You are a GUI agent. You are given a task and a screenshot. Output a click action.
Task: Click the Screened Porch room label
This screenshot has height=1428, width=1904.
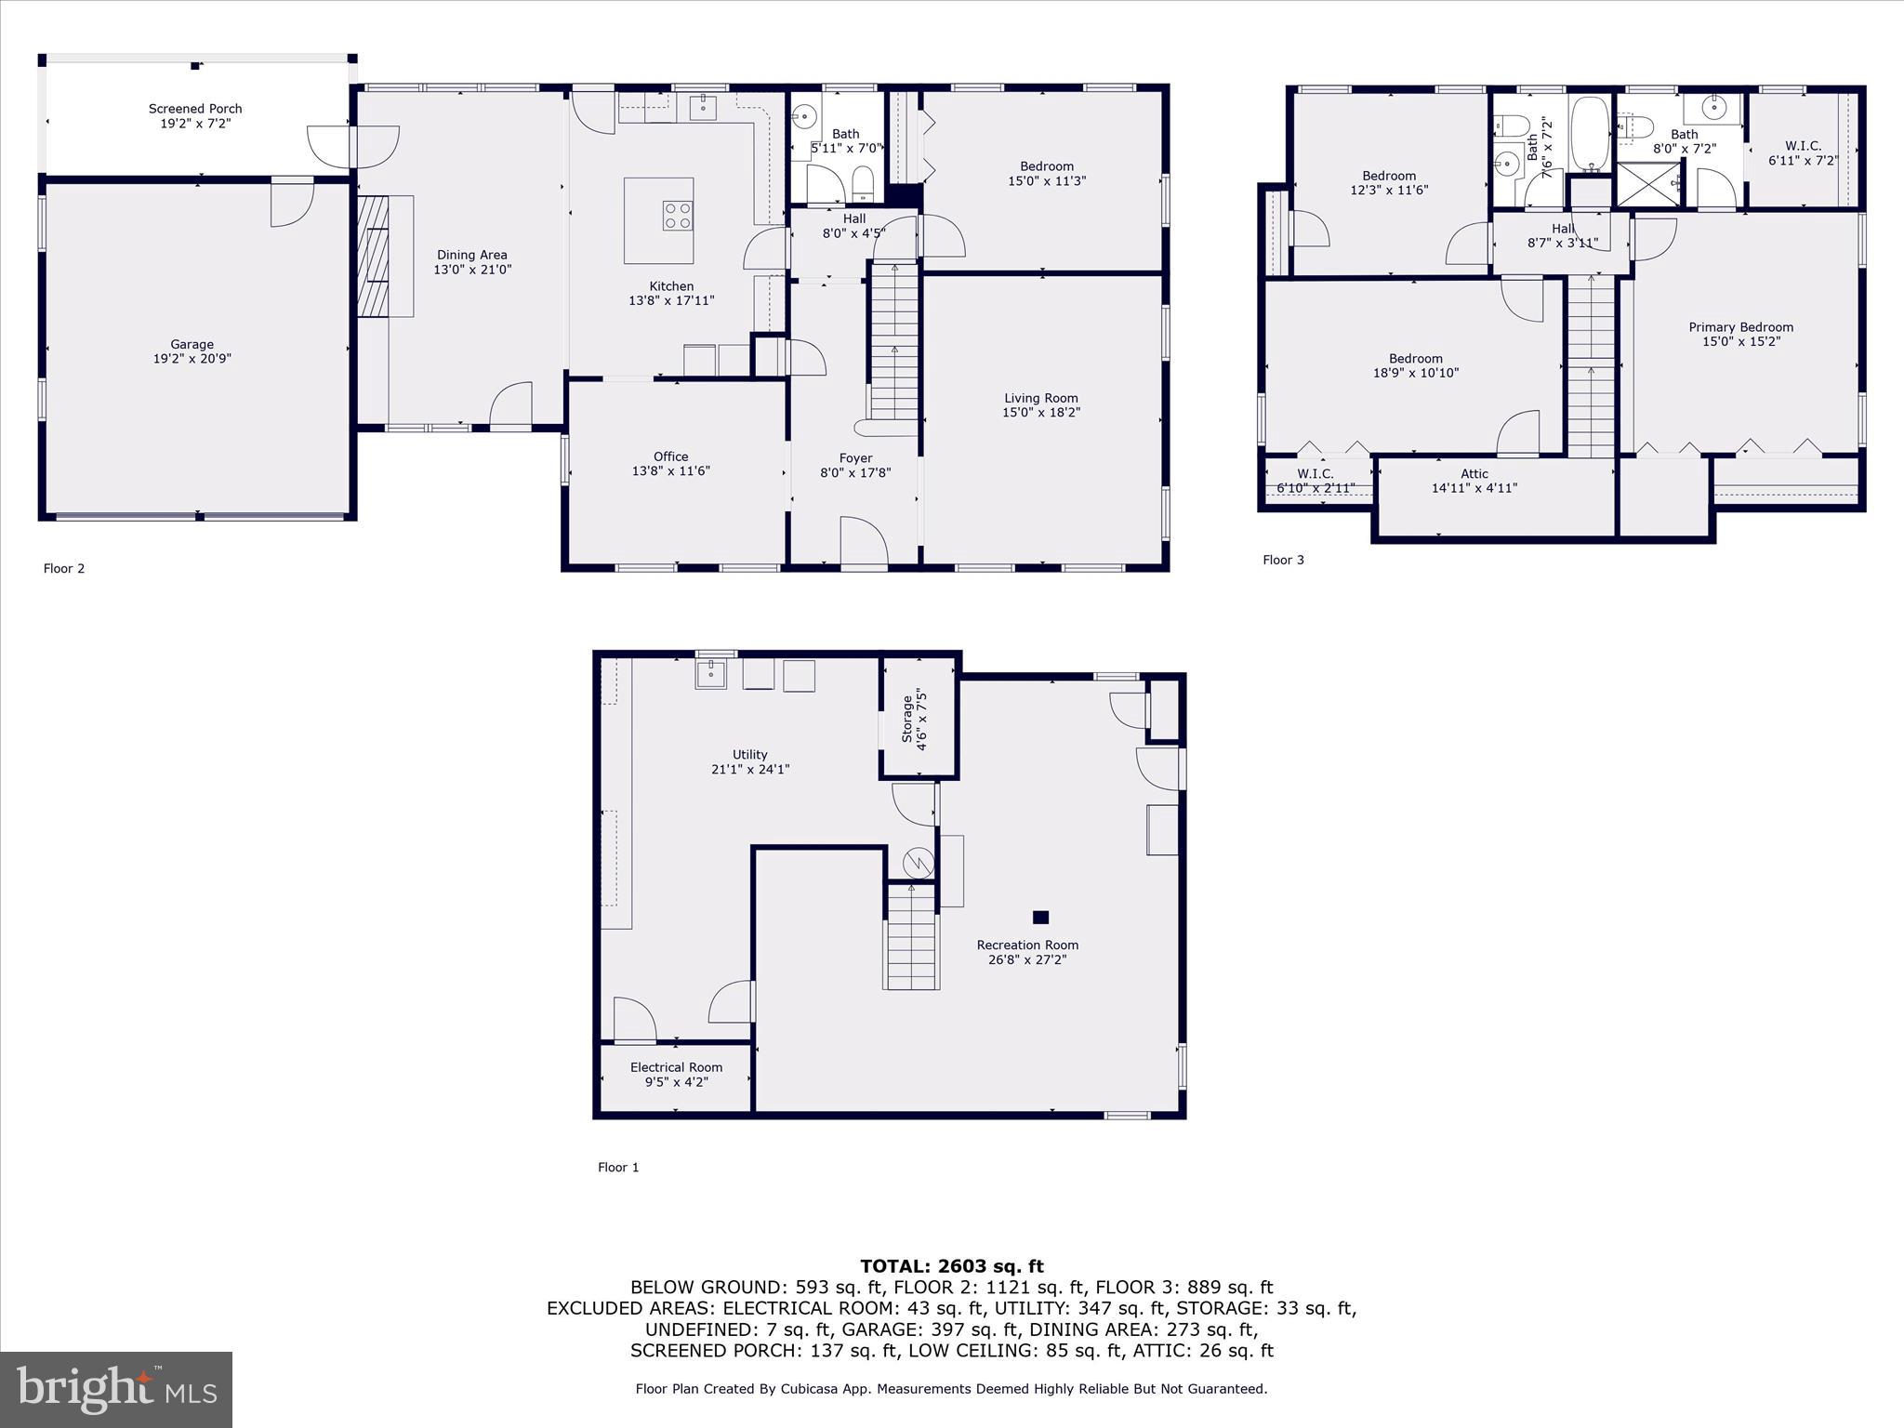(x=195, y=109)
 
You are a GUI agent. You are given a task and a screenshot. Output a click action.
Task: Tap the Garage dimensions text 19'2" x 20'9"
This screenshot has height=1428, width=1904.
(x=192, y=359)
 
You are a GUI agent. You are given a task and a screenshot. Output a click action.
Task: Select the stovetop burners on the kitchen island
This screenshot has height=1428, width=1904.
(x=677, y=216)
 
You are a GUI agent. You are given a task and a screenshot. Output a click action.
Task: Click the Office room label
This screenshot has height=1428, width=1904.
(x=670, y=456)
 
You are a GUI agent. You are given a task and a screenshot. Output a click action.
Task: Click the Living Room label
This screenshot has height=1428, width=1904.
(x=1040, y=398)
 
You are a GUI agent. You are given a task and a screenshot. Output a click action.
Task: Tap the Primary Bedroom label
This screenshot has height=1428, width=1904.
(x=1740, y=327)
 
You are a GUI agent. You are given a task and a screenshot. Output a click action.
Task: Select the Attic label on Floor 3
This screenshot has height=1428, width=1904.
(x=1474, y=474)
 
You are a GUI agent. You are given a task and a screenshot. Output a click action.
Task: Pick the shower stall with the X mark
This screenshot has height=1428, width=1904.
(x=1649, y=183)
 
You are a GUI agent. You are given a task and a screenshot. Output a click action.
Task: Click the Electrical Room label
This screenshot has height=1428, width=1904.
(x=676, y=1067)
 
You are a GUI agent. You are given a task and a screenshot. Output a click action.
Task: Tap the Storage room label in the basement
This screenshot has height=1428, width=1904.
(x=907, y=720)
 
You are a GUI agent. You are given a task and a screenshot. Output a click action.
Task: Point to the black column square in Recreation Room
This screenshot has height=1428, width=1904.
(x=1040, y=917)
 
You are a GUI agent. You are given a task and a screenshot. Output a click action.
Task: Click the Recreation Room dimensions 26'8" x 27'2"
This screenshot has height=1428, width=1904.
(x=1026, y=959)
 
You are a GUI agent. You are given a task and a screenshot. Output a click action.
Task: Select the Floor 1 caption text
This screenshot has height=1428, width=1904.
(x=618, y=1167)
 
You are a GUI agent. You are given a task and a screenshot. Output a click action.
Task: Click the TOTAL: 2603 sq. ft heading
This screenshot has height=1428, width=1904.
(x=951, y=1265)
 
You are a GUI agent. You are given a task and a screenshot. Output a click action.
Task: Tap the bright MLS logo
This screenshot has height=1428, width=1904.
(x=116, y=1389)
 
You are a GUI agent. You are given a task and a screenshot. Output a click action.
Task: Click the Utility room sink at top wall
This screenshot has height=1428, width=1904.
(x=711, y=673)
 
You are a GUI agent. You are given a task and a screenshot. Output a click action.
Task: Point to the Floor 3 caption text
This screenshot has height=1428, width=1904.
(x=1283, y=560)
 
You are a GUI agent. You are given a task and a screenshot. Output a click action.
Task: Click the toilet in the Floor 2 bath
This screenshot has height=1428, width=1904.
(x=864, y=183)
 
